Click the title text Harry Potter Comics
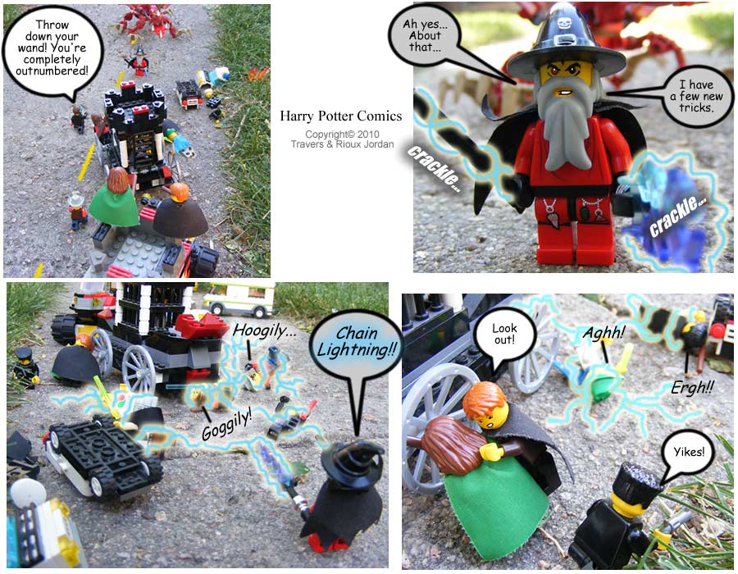coord(341,116)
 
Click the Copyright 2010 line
coord(342,134)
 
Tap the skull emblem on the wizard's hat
coord(564,23)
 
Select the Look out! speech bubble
coord(504,335)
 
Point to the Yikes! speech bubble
coord(688,453)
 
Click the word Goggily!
coord(227,425)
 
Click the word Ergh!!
coord(692,388)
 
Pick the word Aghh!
coord(604,333)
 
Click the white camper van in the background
coord(239,299)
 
